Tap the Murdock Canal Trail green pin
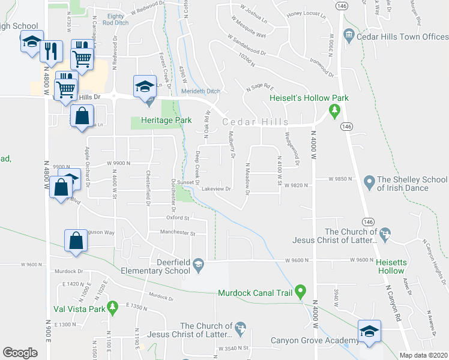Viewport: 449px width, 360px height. tap(301, 292)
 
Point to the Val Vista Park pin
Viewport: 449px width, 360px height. tap(111, 309)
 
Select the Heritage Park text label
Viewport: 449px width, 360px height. tap(166, 120)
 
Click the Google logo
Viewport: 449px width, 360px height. tap(20, 352)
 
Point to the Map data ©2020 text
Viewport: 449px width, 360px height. tap(424, 355)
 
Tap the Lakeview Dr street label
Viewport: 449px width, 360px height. tap(217, 188)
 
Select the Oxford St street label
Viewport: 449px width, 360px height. tap(178, 218)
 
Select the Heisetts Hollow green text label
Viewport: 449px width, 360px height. tap(390, 266)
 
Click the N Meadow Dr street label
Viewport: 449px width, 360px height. tap(247, 179)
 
